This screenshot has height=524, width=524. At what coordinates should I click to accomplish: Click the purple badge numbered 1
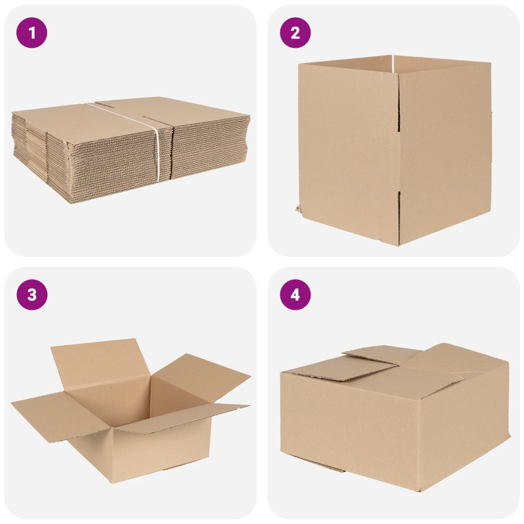(32, 33)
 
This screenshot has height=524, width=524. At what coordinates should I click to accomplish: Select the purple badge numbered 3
(32, 295)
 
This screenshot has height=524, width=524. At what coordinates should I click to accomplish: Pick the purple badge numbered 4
(295, 295)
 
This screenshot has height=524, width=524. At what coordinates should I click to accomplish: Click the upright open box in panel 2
(393, 151)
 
